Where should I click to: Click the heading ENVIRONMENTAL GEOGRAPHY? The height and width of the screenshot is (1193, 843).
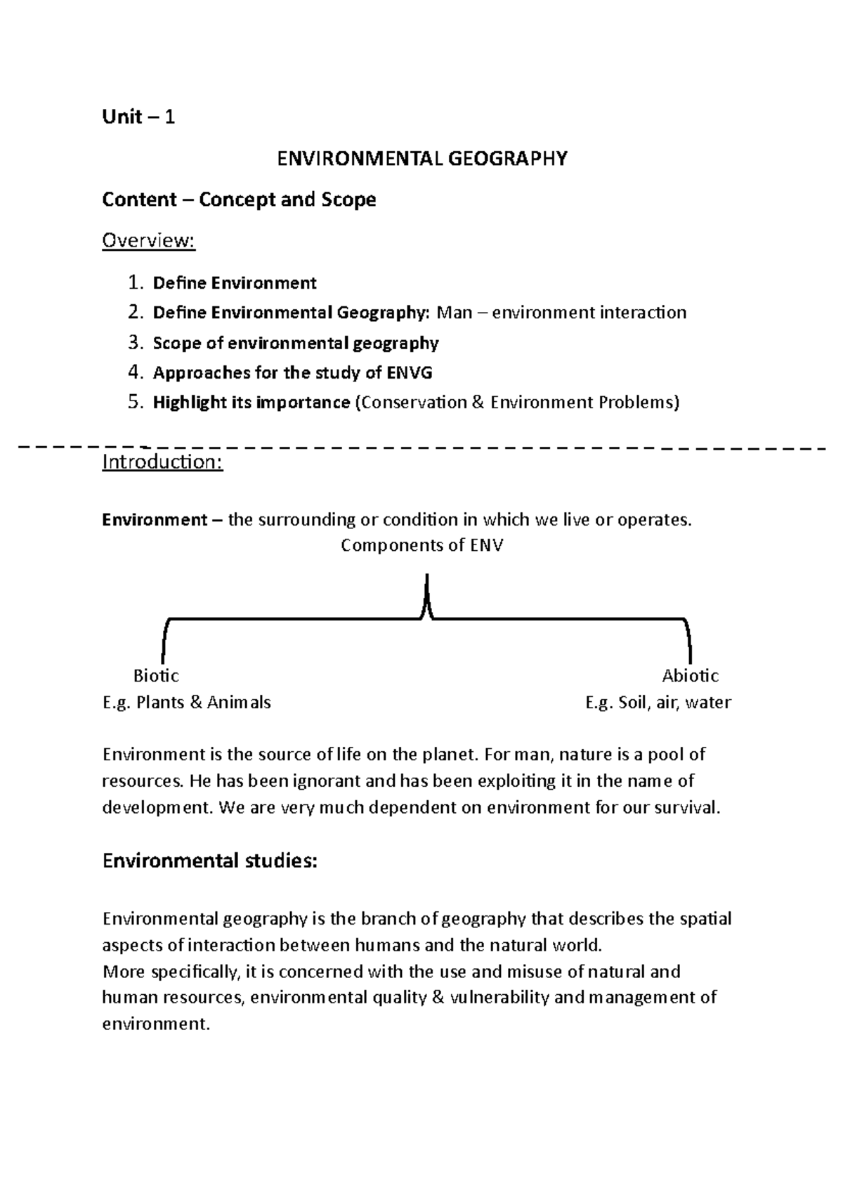coord(421,159)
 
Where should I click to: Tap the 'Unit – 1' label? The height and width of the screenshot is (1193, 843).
coord(138,117)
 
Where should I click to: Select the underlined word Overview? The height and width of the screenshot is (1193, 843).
coord(148,241)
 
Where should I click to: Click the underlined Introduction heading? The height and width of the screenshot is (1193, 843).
coord(162,462)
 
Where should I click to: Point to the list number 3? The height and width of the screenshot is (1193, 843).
coord(135,343)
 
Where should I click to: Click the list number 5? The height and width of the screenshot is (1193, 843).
coord(135,403)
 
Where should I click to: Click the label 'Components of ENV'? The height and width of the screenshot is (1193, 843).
coord(421,545)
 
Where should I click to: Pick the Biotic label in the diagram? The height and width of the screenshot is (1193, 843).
coord(156,676)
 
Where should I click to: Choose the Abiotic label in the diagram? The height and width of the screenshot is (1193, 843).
coord(690,676)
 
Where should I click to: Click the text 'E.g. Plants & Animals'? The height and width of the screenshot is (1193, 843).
coord(187,702)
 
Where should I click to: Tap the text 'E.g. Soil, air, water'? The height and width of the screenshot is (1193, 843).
coord(658,702)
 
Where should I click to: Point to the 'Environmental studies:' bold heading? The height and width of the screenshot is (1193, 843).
coord(210,861)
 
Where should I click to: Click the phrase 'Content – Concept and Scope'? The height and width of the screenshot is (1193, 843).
coord(239,200)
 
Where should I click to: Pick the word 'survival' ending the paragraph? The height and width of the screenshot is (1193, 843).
coord(686,807)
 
